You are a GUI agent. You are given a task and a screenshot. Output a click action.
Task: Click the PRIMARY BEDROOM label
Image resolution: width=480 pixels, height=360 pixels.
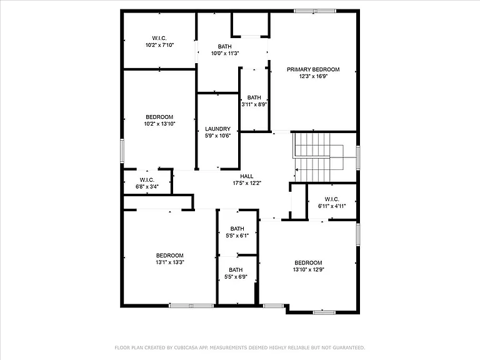[x=313, y=69]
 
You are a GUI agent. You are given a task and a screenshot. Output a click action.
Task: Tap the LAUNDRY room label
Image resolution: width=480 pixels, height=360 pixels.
[x=217, y=129]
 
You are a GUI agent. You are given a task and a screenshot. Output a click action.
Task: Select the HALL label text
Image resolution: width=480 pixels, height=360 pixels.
[x=247, y=176]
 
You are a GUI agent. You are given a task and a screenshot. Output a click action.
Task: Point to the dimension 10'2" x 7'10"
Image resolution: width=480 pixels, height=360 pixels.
[x=159, y=45]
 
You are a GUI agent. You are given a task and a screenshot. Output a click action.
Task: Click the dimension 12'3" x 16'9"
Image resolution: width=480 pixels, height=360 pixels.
[x=314, y=76]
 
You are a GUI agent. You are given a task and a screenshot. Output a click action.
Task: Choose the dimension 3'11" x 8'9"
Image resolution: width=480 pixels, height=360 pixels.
[x=254, y=104]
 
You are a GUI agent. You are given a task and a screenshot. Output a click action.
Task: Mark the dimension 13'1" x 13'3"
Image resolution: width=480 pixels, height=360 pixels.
[x=170, y=262]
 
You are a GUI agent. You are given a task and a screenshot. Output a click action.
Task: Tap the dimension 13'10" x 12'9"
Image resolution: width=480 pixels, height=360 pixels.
[x=308, y=270]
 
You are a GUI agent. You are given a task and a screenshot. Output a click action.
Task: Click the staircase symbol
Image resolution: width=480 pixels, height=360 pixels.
[x=318, y=157]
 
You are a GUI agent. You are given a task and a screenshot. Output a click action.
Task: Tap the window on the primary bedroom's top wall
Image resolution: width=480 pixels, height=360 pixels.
[x=315, y=11]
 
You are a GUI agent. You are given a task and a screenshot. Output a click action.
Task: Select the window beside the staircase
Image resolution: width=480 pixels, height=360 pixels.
[x=358, y=158]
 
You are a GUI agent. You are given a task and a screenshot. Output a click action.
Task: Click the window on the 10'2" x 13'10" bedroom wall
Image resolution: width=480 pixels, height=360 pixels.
[x=122, y=151]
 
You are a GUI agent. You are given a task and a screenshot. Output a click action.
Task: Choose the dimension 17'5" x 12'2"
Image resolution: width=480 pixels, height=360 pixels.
[x=247, y=183]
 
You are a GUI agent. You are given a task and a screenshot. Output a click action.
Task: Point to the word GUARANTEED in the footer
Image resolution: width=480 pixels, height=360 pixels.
[x=349, y=347]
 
